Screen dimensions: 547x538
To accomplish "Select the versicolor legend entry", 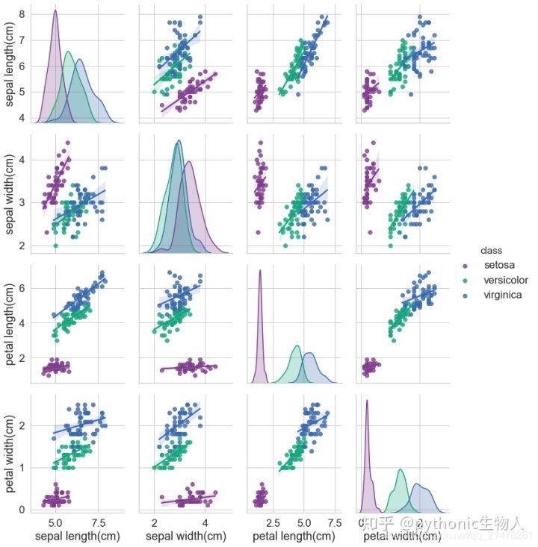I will point(504,280).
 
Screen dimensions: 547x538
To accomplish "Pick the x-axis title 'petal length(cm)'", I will point(293,536).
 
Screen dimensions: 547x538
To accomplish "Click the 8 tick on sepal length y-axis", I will point(23,14).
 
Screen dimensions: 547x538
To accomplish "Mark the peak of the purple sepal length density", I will point(55,10).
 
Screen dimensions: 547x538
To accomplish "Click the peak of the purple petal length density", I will point(260,271).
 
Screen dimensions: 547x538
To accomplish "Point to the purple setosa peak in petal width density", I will point(367,401).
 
